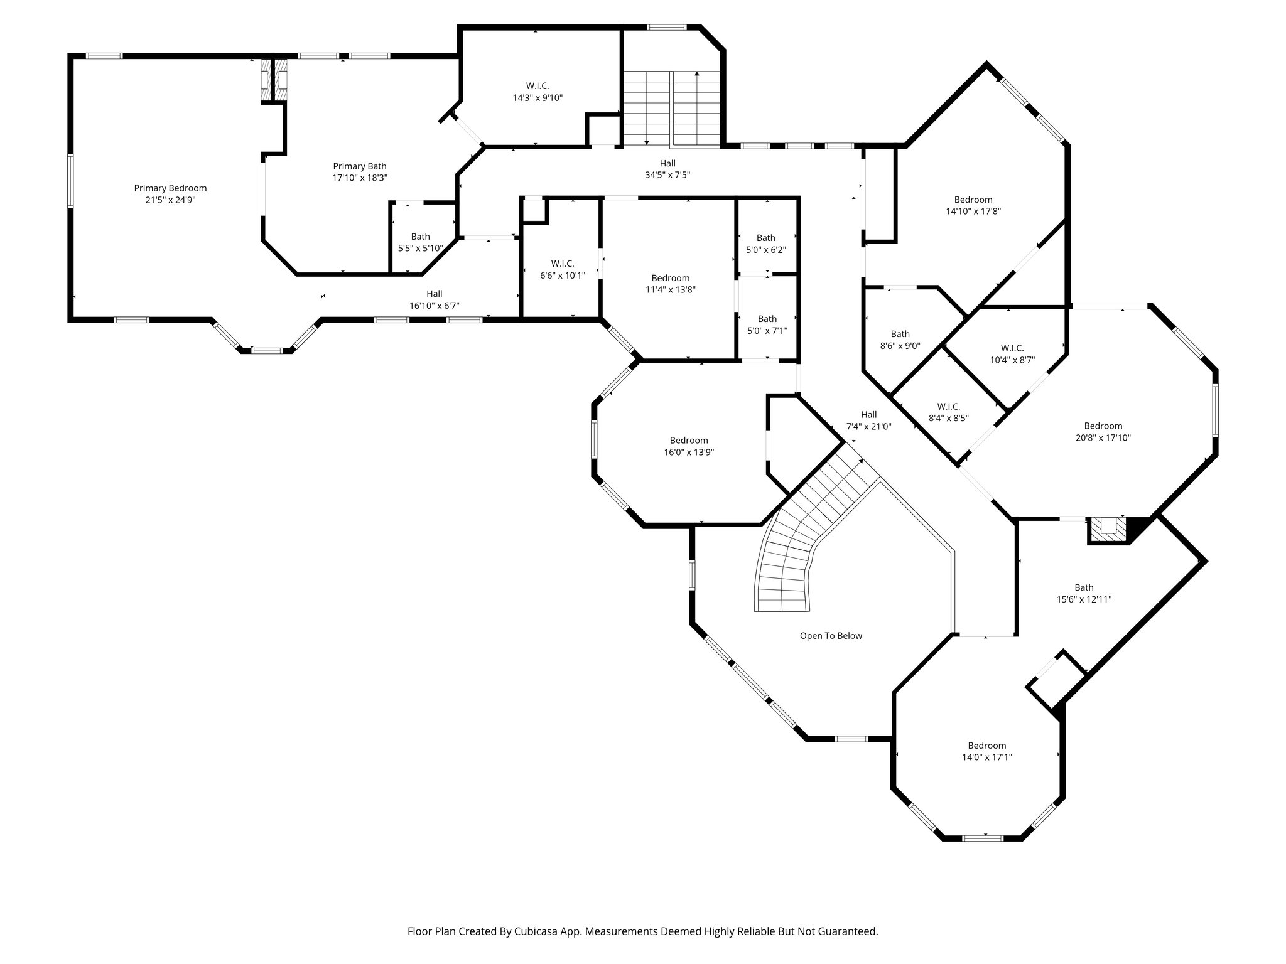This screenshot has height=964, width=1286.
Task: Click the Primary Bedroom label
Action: pyautogui.click(x=170, y=188)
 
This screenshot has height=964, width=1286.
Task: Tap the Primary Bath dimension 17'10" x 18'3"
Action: pyautogui.click(x=360, y=178)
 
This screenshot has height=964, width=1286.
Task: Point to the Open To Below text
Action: pyautogui.click(x=831, y=636)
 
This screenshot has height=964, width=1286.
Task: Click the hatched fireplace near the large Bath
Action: pyautogui.click(x=1108, y=528)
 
